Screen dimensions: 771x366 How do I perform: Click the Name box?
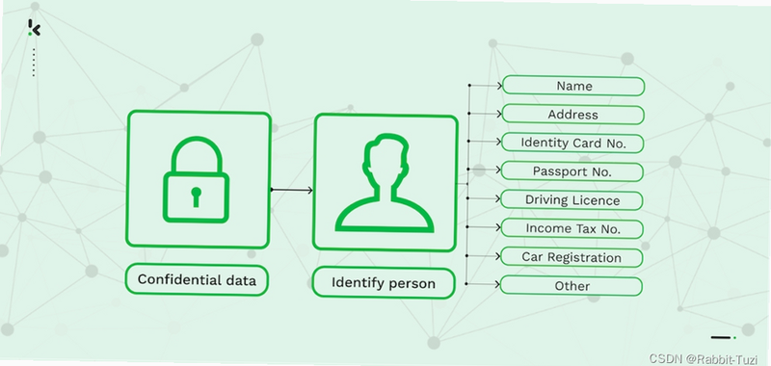coord(573,86)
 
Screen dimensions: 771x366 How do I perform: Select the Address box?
coord(572,115)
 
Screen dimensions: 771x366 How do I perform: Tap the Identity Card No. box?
coord(572,143)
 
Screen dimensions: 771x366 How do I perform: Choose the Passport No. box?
coord(572,171)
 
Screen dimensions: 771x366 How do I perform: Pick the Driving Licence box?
coord(572,200)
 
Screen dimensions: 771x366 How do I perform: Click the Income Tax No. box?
coord(572,229)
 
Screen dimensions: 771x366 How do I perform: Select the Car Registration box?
coord(571,257)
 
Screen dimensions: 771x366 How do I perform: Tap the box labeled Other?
coord(571,286)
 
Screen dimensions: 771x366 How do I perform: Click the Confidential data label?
coord(197,280)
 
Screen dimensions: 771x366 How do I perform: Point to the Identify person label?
coord(384,283)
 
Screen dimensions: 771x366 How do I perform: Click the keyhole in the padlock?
coord(197,196)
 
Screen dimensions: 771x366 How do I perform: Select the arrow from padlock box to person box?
coord(292,190)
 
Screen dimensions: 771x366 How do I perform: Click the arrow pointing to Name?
coord(486,86)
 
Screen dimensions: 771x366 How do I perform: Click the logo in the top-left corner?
coord(34,28)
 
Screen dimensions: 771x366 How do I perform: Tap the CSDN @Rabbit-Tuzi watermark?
coord(704,358)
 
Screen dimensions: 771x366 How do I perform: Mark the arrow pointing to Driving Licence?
coord(484,198)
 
